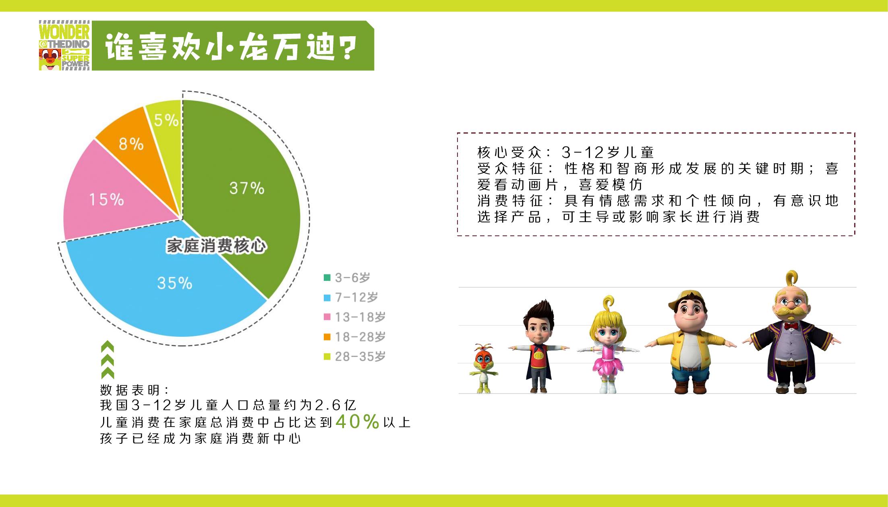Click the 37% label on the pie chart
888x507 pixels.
[x=247, y=188]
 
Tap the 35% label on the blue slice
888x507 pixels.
[x=175, y=283]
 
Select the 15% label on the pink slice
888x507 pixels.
[x=106, y=200]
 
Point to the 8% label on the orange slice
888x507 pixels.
[x=131, y=144]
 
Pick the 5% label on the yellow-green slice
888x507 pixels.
[x=166, y=120]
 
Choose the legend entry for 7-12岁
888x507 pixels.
[x=351, y=297]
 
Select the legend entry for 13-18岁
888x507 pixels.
[x=355, y=317]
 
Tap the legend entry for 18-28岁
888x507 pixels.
[x=355, y=337]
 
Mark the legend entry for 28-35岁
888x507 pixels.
[x=355, y=357]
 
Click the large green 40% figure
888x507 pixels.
[x=358, y=421]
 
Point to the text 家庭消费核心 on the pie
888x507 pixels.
[x=216, y=246]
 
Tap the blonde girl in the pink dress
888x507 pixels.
[x=608, y=345]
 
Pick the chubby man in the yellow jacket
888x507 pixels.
[x=690, y=342]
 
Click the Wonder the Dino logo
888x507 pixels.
[x=64, y=46]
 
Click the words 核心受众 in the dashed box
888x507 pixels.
[x=509, y=153]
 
